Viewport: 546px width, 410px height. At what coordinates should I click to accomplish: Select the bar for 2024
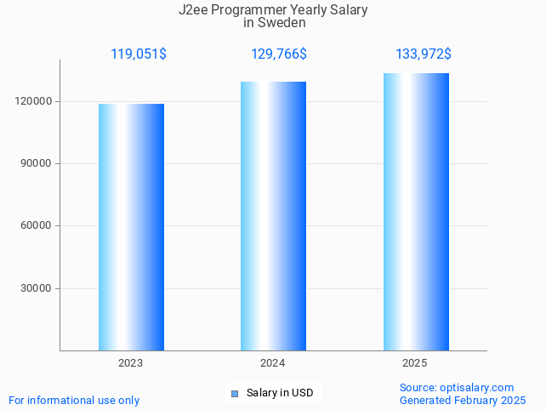[x=273, y=216]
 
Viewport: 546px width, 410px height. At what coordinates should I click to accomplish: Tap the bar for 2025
[x=416, y=212]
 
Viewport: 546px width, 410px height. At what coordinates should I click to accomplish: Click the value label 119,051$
[x=139, y=54]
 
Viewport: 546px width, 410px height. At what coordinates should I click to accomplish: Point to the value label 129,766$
[x=279, y=54]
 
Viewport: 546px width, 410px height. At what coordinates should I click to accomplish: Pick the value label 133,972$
[x=424, y=54]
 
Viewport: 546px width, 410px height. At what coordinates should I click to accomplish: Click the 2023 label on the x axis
[x=130, y=363]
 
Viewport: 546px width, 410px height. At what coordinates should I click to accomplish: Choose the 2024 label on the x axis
[x=272, y=363]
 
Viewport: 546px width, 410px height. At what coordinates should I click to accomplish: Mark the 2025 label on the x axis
[x=414, y=363]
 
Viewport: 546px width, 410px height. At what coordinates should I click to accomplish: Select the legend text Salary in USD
[x=280, y=393]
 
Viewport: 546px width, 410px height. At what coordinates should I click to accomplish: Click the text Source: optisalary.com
[x=457, y=388]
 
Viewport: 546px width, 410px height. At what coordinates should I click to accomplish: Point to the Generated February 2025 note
[x=463, y=400]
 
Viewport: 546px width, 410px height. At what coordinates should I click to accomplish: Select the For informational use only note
[x=74, y=400]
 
